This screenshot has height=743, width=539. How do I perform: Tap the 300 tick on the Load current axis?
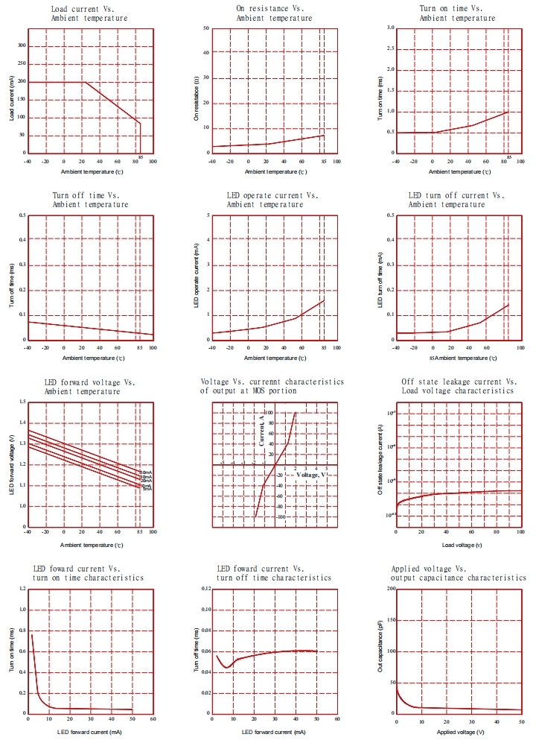tap(22, 45)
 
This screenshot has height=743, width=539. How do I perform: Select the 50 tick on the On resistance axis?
tap(205, 28)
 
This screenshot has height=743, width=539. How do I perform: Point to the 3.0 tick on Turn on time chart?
tap(389, 28)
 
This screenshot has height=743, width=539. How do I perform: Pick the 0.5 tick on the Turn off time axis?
tap(21, 215)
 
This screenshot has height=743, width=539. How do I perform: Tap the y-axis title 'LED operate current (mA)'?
tap(197, 277)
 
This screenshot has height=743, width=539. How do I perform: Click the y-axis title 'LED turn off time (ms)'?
tap(380, 277)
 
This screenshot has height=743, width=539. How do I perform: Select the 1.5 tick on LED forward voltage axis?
tap(21, 402)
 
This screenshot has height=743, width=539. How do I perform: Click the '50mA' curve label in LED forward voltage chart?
tap(146, 472)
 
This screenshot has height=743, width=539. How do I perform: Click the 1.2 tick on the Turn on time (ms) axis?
tap(21, 589)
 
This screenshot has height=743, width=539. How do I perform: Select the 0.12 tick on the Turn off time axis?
tap(204, 589)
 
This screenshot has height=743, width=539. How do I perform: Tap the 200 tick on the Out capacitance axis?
tap(389, 589)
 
